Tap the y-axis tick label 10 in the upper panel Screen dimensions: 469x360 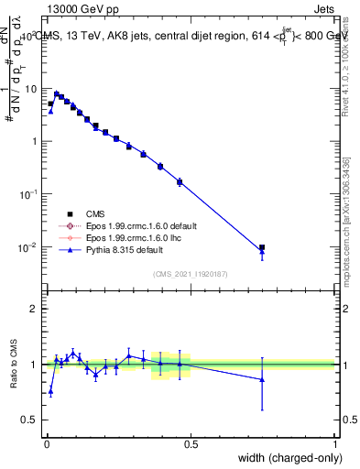point(31,89)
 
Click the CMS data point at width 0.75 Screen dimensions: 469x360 point(262,247)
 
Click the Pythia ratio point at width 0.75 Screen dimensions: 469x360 point(262,379)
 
